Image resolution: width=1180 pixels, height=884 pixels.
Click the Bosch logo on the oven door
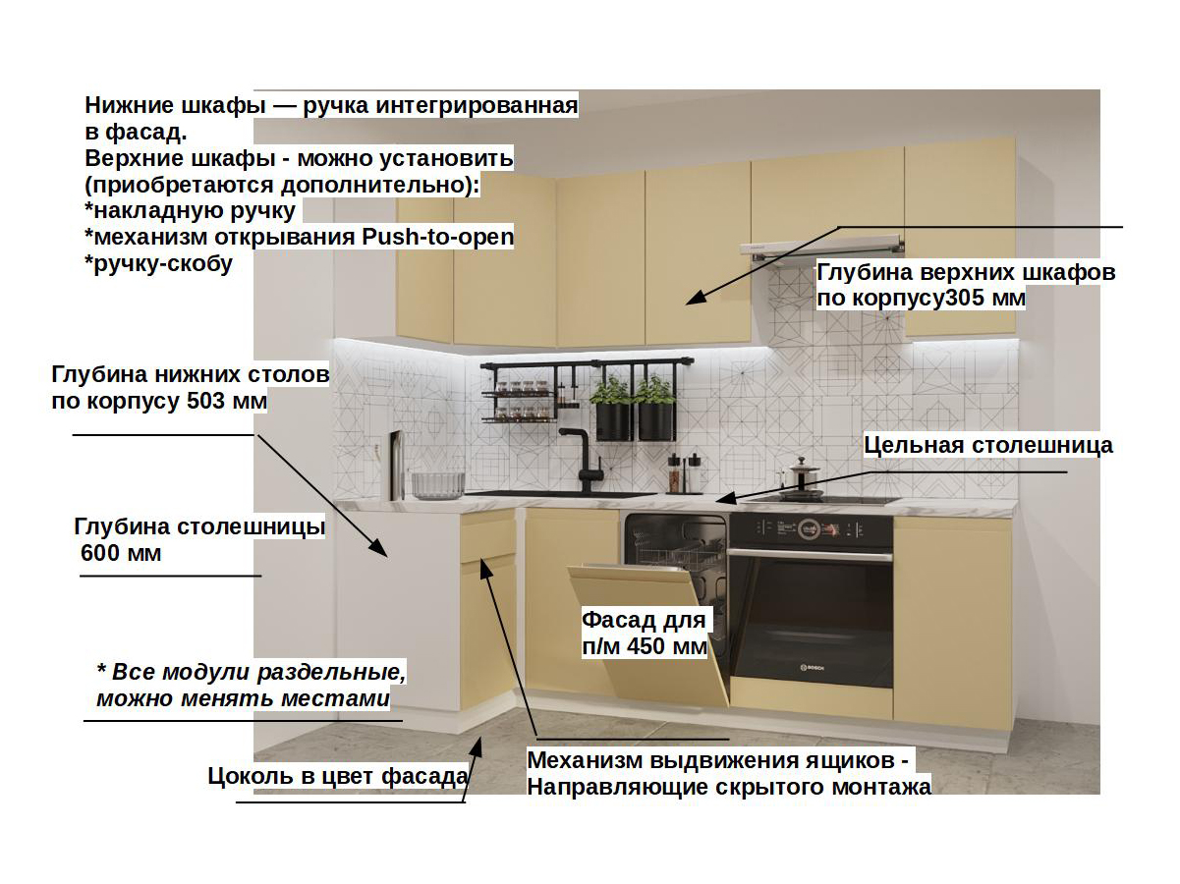coord(812,668)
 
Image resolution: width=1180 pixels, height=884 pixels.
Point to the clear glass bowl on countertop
coord(437,483)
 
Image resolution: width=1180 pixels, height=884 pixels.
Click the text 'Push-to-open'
coord(438,237)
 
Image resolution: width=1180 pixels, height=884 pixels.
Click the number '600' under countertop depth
coord(102,554)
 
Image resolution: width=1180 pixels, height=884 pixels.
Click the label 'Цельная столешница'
coord(988,445)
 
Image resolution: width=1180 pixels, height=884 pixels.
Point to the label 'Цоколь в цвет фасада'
coord(337,776)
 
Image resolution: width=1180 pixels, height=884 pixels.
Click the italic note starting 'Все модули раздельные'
coord(251,686)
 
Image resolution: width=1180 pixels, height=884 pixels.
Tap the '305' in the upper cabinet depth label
coord(964,298)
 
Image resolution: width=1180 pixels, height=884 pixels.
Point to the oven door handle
coord(812,555)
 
